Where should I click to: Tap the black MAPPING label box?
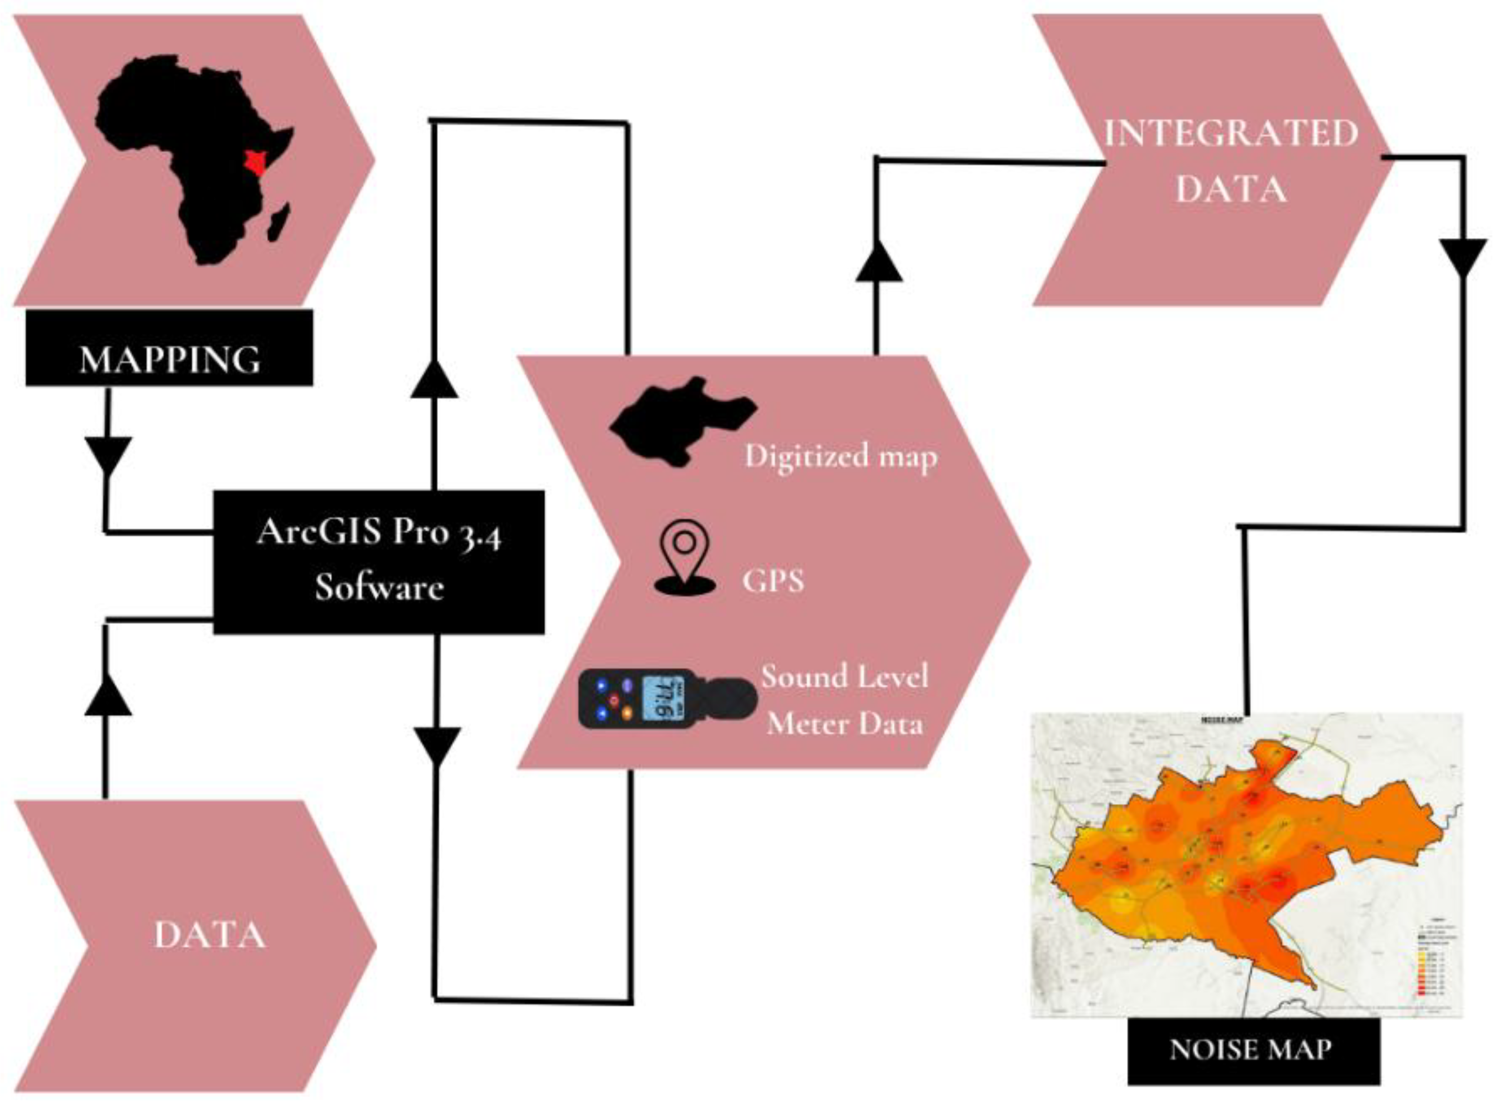169,348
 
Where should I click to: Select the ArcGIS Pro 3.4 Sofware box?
379,562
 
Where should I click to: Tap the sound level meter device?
667,699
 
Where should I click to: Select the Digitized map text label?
841,457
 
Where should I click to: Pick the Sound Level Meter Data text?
845,700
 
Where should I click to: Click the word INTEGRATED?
1230,133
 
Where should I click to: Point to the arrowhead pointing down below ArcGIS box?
437,746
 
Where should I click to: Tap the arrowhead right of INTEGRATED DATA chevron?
1463,256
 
